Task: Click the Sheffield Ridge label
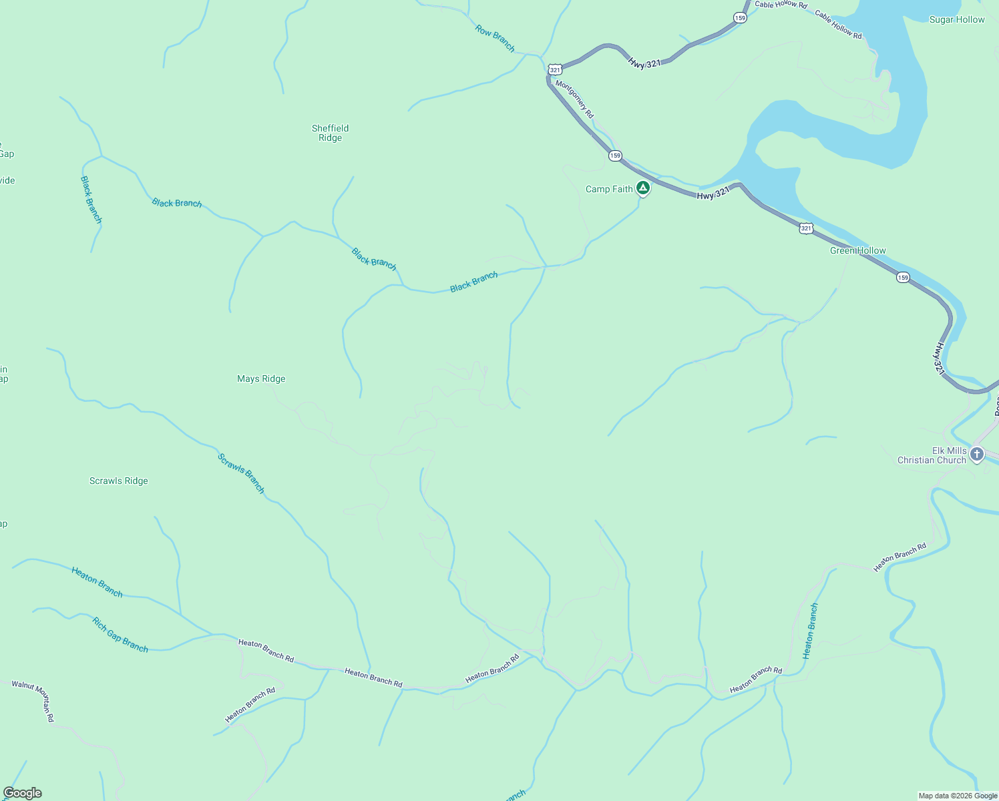point(330,133)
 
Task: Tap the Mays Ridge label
point(261,378)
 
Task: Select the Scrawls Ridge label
point(119,481)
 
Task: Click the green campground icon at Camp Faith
point(642,188)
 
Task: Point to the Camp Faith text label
point(609,189)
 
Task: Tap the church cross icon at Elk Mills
point(977,455)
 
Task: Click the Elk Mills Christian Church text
point(932,455)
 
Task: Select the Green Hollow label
point(857,250)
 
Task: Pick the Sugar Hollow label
point(957,19)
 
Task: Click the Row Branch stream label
point(495,38)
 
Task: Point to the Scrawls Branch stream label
point(241,473)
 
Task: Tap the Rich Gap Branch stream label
point(120,634)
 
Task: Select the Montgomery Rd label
point(574,99)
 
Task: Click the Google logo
point(22,793)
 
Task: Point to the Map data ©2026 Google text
point(958,796)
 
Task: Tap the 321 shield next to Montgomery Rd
point(555,69)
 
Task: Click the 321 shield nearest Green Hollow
point(806,228)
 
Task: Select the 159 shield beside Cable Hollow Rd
point(740,18)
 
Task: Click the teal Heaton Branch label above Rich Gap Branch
point(97,581)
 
